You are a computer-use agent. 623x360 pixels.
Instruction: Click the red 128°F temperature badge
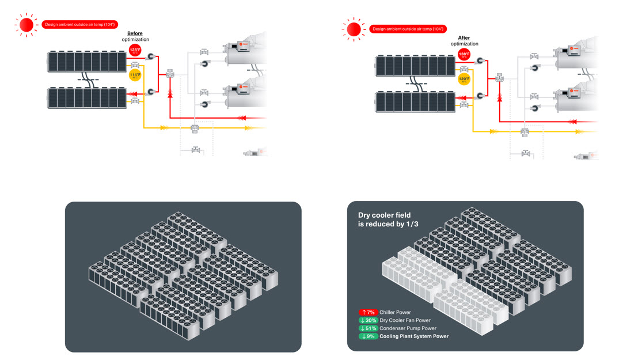click(x=135, y=51)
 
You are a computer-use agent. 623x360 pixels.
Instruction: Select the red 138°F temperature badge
click(x=464, y=55)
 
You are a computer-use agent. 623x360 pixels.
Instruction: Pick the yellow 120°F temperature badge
click(x=464, y=79)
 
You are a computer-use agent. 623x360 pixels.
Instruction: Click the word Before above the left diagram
click(x=135, y=33)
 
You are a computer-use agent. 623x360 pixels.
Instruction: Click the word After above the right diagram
click(x=464, y=38)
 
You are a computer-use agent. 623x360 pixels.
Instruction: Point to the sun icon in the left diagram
click(x=26, y=25)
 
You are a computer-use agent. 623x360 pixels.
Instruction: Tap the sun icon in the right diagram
click(x=354, y=29)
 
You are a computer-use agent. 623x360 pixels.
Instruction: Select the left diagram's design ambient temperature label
click(x=80, y=24)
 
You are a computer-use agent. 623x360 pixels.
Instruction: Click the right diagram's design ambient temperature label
click(x=408, y=28)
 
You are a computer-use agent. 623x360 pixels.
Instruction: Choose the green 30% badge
click(x=368, y=320)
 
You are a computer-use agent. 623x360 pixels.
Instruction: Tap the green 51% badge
click(x=368, y=328)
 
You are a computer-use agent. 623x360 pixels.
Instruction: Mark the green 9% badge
click(x=368, y=336)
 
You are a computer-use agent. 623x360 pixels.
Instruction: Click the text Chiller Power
click(x=396, y=312)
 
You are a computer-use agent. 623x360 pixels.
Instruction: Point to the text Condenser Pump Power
click(x=408, y=328)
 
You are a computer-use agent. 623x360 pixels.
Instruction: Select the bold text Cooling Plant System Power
click(x=414, y=336)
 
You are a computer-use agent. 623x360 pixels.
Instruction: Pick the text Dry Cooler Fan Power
click(x=405, y=320)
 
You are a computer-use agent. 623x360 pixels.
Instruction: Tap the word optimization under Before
click(x=135, y=40)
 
